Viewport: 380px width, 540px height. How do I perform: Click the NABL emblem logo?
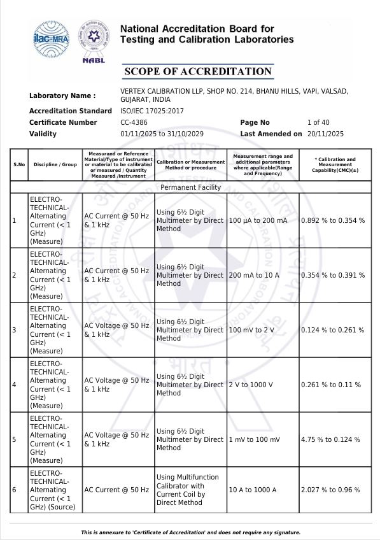pyautogui.click(x=93, y=40)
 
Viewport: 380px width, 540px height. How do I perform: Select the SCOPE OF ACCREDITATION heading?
pyautogui.click(x=198, y=71)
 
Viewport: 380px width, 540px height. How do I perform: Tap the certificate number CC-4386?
pyautogui.click(x=134, y=122)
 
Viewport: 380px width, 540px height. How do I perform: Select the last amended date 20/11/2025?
pyautogui.click(x=325, y=134)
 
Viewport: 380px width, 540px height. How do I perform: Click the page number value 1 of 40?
pyautogui.click(x=318, y=122)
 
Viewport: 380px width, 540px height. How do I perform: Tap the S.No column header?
pyautogui.click(x=19, y=164)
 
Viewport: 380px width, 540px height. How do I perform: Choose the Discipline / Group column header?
pyautogui.click(x=55, y=164)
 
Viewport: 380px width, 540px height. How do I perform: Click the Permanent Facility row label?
pyautogui.click(x=191, y=187)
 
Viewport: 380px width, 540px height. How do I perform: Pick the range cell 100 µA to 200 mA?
pyautogui.click(x=258, y=220)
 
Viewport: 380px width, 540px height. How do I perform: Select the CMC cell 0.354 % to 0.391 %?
pyautogui.click(x=333, y=275)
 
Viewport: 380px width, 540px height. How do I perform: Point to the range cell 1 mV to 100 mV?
pyautogui.click(x=254, y=439)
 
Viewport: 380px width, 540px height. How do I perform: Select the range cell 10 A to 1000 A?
pyautogui.click(x=253, y=490)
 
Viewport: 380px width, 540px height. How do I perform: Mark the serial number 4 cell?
pyautogui.click(x=14, y=385)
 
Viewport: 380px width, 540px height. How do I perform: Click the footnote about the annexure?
pyautogui.click(x=190, y=532)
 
